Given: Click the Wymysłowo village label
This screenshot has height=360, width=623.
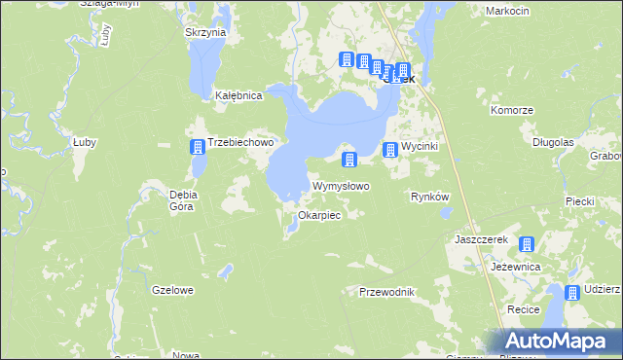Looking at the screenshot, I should click(340, 186).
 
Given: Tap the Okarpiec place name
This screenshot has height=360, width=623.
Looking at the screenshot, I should click(319, 215).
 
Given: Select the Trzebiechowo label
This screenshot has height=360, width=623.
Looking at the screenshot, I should click(242, 142).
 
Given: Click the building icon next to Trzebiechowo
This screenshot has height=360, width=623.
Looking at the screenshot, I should click(198, 147).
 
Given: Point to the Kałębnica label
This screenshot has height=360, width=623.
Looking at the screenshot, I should click(239, 96).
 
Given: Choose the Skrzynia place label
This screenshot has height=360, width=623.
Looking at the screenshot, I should click(205, 32).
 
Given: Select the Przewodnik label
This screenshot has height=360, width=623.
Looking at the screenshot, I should click(387, 292).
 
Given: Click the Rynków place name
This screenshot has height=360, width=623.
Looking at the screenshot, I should click(429, 197).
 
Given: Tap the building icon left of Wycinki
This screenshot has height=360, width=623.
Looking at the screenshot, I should click(390, 149).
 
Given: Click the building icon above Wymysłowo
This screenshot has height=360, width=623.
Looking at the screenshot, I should click(349, 159).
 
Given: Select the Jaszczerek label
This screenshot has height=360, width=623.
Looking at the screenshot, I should click(477, 238).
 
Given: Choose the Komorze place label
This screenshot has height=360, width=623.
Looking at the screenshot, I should click(512, 110).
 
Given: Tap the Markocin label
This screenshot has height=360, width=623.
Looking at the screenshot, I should click(506, 11).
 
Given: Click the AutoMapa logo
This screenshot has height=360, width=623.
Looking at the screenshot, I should click(560, 342).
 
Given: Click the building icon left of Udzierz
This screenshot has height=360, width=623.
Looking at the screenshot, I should click(573, 293).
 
